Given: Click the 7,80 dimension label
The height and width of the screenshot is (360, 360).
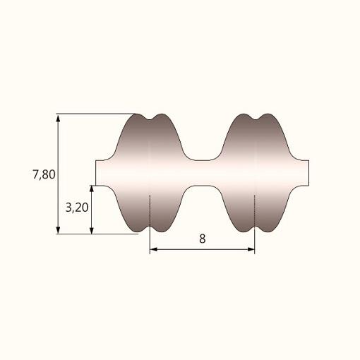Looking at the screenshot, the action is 44,174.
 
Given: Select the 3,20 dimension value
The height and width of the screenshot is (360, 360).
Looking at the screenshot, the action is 77,208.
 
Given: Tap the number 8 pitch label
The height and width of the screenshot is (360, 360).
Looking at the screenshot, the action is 203,239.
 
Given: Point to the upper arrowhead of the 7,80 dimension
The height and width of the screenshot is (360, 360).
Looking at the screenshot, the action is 58,118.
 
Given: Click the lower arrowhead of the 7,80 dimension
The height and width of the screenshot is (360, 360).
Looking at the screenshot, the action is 58,230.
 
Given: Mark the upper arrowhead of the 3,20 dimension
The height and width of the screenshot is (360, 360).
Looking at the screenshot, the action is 92,189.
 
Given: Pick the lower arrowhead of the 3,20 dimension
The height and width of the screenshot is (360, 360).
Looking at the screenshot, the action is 92,230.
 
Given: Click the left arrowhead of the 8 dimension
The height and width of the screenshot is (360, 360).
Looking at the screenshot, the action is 154,249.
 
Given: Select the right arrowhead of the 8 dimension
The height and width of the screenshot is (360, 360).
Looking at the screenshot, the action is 251,249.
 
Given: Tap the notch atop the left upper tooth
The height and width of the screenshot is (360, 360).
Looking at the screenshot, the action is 150,119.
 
